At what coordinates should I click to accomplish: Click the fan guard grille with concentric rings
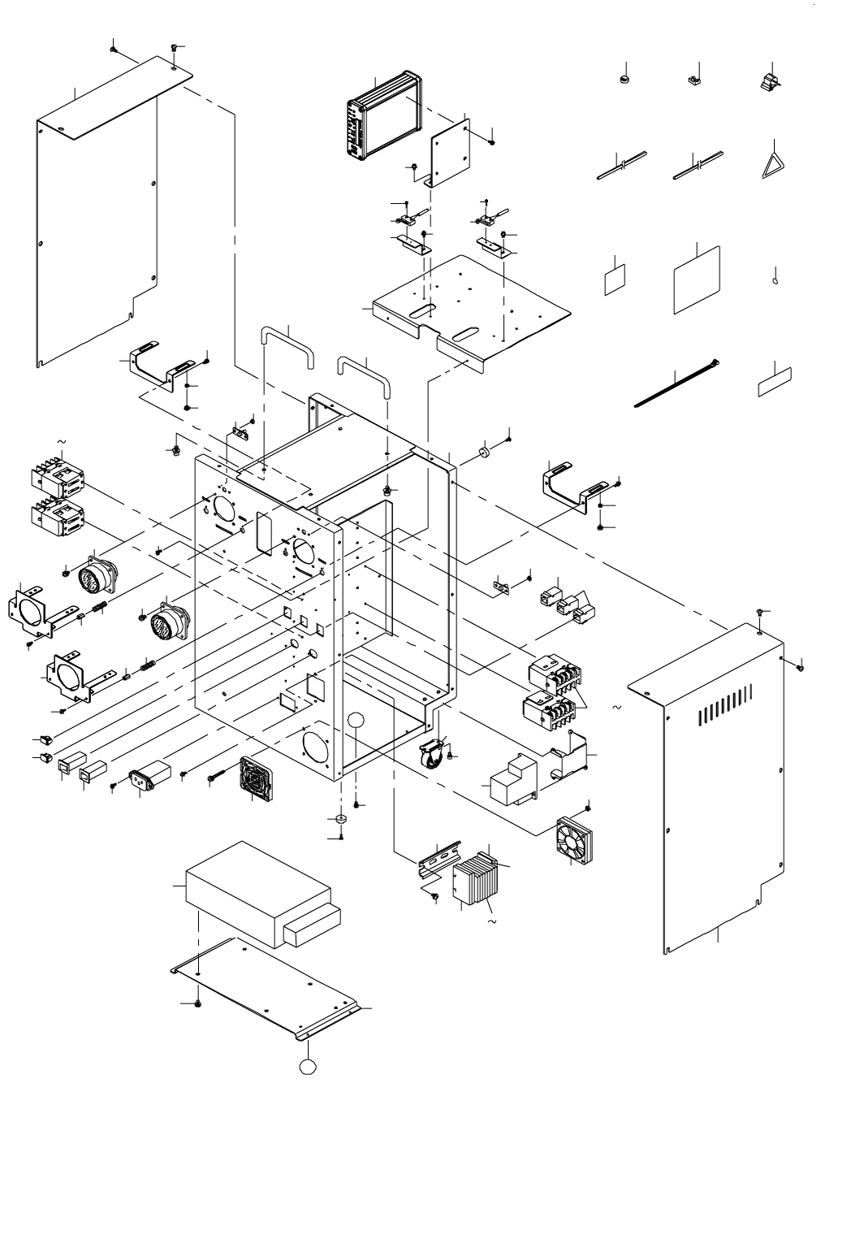pyautogui.click(x=257, y=780)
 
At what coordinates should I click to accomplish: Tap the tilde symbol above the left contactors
pyautogui.click(x=60, y=443)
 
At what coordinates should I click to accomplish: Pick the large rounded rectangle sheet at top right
pyautogui.click(x=698, y=279)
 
